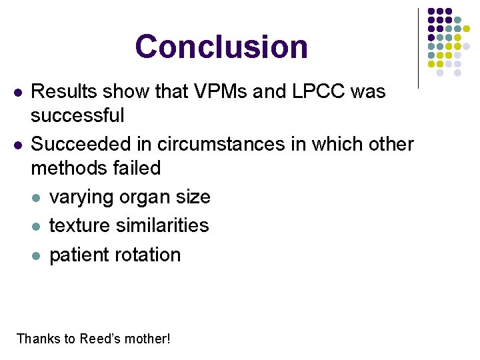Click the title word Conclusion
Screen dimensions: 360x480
coord(221,47)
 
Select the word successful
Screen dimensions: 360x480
coord(77,115)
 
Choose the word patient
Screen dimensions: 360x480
coord(79,255)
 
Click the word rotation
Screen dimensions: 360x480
coord(148,255)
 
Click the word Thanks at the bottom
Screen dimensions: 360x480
coord(37,339)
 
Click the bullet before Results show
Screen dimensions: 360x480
coord(17,92)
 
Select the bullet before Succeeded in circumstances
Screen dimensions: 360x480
coord(17,145)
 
